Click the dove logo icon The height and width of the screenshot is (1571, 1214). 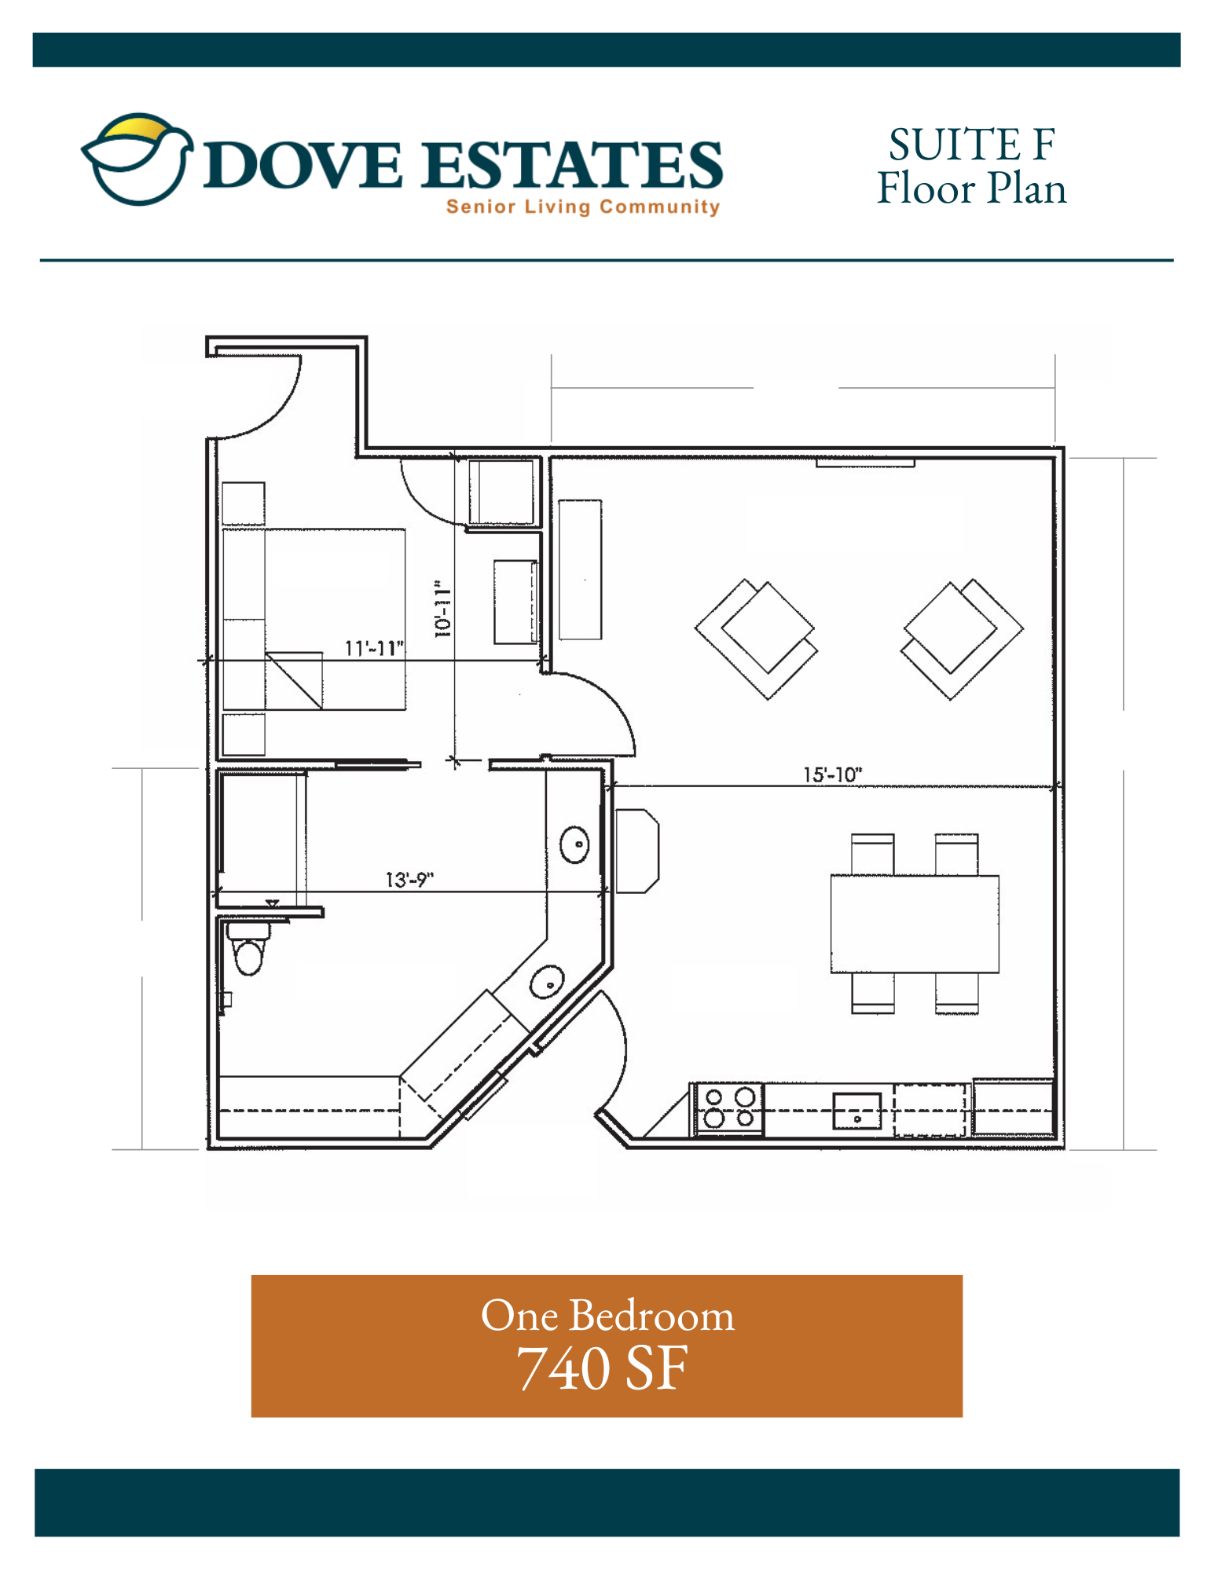pos(138,159)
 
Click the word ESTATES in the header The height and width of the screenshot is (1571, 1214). pos(571,165)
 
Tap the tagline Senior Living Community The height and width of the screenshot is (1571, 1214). pos(582,207)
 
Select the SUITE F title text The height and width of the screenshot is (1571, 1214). pos(971,145)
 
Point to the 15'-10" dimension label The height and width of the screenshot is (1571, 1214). pos(832,775)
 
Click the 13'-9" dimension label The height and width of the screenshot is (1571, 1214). pos(409,880)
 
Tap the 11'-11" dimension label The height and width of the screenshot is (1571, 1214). pos(374,648)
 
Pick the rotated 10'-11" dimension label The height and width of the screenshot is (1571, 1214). pos(443,610)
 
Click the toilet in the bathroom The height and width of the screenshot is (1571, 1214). pos(248,949)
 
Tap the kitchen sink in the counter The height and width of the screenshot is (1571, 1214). pos(857,1111)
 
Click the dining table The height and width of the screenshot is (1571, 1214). pos(915,924)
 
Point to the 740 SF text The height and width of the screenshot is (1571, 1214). pos(602,1368)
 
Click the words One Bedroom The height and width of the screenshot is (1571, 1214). pos(607,1315)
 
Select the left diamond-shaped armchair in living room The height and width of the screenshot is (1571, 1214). pos(756,639)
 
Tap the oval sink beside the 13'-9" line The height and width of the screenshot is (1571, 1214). pos(574,845)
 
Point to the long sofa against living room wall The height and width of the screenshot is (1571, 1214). pos(580,569)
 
